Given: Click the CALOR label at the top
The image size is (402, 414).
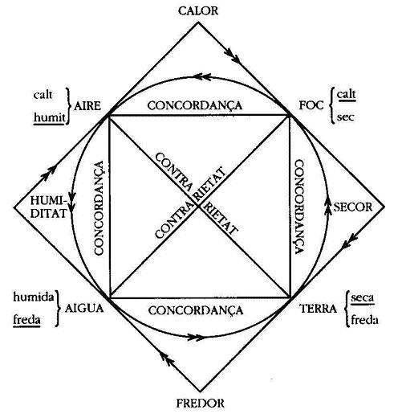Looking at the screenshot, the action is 198,11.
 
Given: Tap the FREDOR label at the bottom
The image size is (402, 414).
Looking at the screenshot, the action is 201,403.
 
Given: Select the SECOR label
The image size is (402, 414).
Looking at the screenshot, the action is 353,207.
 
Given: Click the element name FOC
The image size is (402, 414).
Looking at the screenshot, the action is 311,105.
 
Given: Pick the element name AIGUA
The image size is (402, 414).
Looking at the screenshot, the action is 84,308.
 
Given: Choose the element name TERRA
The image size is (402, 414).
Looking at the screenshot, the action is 318,309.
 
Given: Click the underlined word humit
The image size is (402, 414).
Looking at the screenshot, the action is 50,117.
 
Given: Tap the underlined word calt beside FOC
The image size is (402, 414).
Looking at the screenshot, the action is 347,94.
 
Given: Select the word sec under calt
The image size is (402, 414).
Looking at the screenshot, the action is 346,117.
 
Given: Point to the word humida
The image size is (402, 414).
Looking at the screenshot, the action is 34,297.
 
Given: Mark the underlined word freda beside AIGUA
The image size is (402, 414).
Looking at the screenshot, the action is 26,320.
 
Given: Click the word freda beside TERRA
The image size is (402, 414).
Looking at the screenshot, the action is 364,320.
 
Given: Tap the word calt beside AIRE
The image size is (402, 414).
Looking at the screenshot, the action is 43,95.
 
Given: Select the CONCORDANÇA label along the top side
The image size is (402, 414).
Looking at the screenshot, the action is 195,105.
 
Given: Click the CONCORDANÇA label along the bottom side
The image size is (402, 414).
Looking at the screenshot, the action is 196,310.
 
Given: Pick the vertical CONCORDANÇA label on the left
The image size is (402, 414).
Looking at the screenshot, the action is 99,207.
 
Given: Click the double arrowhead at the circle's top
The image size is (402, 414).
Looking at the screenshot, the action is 202,76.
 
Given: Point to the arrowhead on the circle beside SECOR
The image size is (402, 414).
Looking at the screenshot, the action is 327,207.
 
